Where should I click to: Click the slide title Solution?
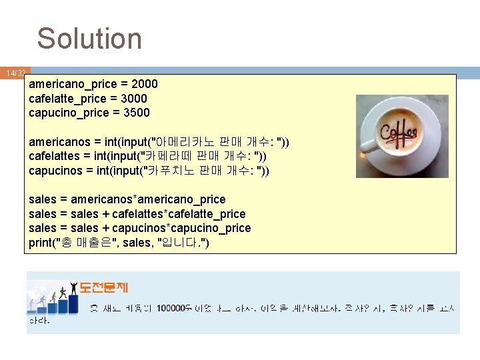(x=89, y=39)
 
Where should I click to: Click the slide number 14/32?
(x=15, y=73)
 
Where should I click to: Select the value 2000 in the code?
(x=145, y=84)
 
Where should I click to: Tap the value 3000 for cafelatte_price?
(x=134, y=99)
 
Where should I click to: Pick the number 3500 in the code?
(x=137, y=113)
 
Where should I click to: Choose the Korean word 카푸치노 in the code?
(x=173, y=171)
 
